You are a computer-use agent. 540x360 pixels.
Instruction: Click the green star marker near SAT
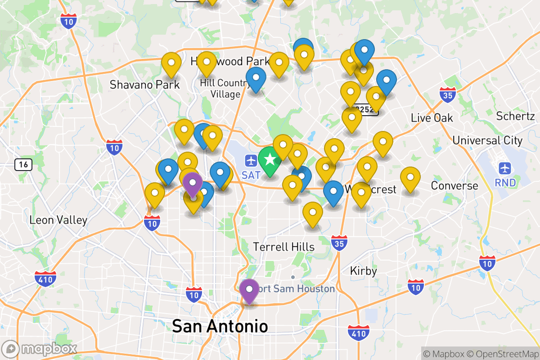(270, 160)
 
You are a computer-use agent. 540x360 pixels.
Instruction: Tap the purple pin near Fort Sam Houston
(249, 290)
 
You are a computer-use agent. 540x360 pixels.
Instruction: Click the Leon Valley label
(58, 220)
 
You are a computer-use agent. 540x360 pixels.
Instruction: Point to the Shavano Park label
(144, 85)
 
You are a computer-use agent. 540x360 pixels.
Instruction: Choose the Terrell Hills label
(283, 247)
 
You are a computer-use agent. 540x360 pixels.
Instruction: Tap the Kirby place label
(363, 271)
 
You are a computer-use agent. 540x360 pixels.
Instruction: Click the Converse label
(454, 185)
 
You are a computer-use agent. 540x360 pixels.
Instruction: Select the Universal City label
(487, 140)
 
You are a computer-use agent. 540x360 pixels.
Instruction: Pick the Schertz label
(515, 116)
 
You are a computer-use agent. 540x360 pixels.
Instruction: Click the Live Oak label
(432, 118)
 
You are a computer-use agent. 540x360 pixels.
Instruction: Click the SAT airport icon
(251, 160)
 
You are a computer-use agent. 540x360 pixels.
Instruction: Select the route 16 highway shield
(23, 165)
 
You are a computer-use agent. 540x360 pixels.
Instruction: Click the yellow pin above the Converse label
(410, 178)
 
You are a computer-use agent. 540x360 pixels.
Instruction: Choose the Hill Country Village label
(225, 88)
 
